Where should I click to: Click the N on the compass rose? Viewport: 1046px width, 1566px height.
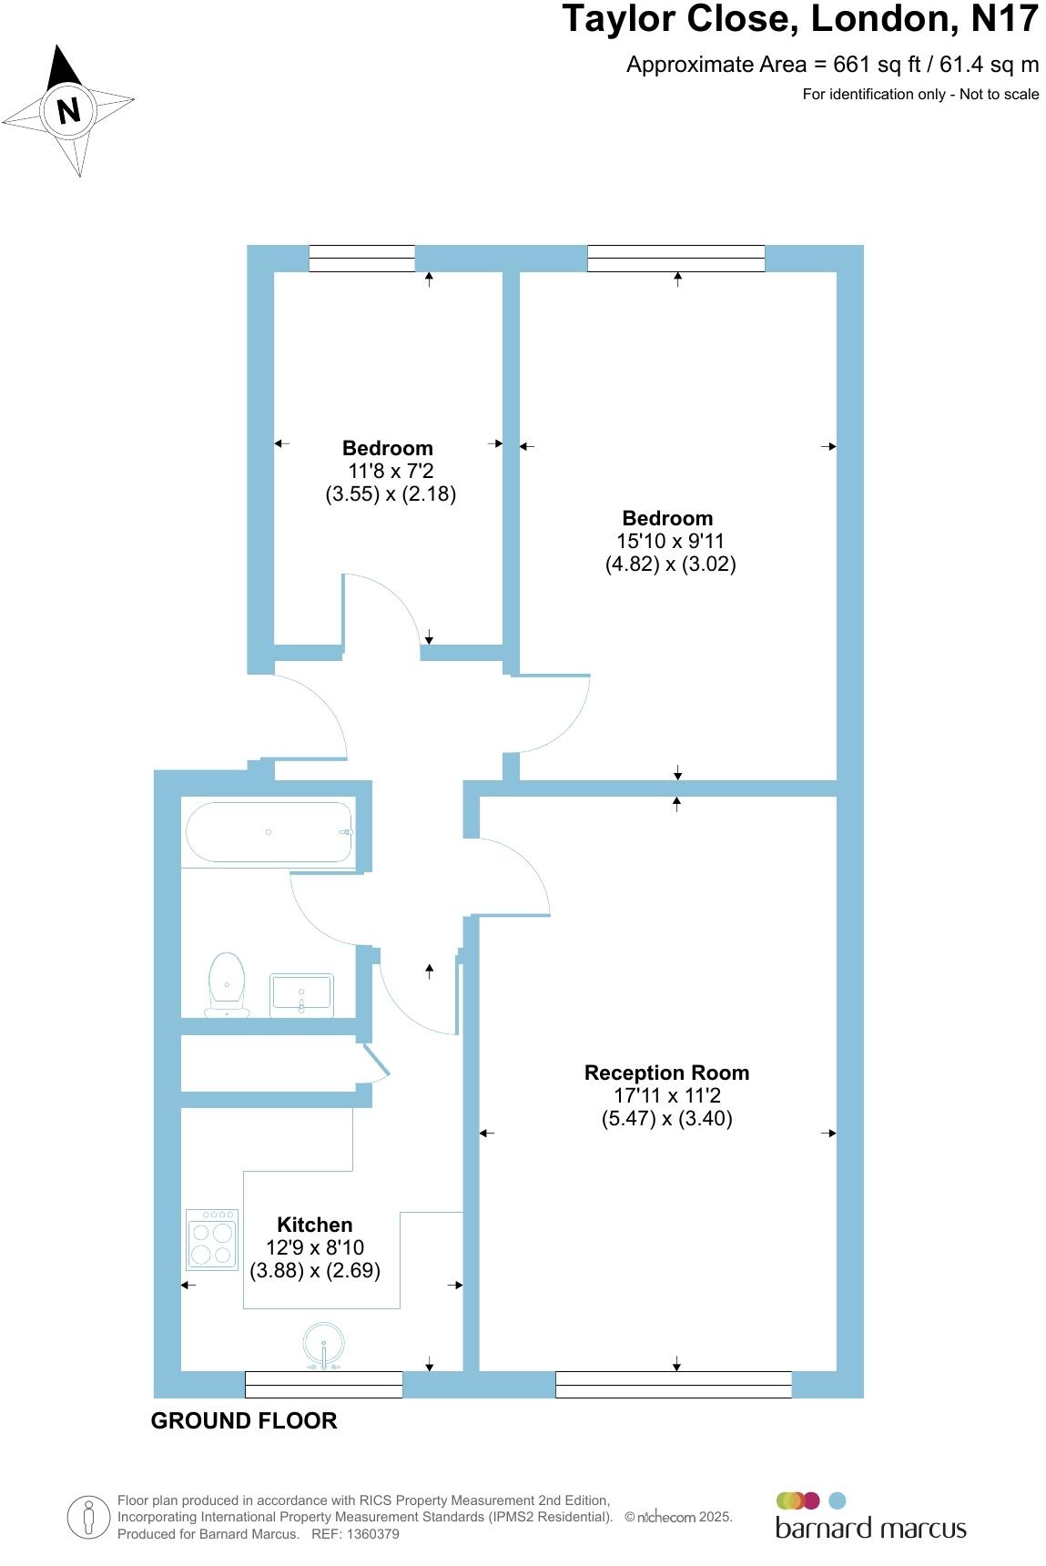tap(68, 111)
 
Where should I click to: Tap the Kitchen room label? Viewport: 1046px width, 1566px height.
tap(314, 1225)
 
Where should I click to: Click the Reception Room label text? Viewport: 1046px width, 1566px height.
tap(666, 1073)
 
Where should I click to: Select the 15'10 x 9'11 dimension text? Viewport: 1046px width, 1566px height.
tap(670, 541)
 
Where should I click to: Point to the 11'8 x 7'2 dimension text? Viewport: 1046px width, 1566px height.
tap(390, 471)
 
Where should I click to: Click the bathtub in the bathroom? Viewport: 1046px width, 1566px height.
tap(269, 831)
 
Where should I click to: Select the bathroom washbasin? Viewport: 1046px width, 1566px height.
tap(302, 994)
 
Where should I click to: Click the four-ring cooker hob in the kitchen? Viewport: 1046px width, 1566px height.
tap(212, 1239)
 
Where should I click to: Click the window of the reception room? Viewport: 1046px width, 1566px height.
tap(674, 1384)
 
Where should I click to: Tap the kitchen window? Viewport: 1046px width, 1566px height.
tap(324, 1384)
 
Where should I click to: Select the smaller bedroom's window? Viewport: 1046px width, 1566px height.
tap(361, 259)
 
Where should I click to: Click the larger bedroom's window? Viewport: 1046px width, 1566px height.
tap(675, 259)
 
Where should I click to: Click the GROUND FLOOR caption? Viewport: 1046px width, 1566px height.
tap(244, 1420)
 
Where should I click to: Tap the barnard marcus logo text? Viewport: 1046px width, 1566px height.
tap(870, 1527)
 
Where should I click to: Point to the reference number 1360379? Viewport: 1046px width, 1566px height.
tap(369, 1534)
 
